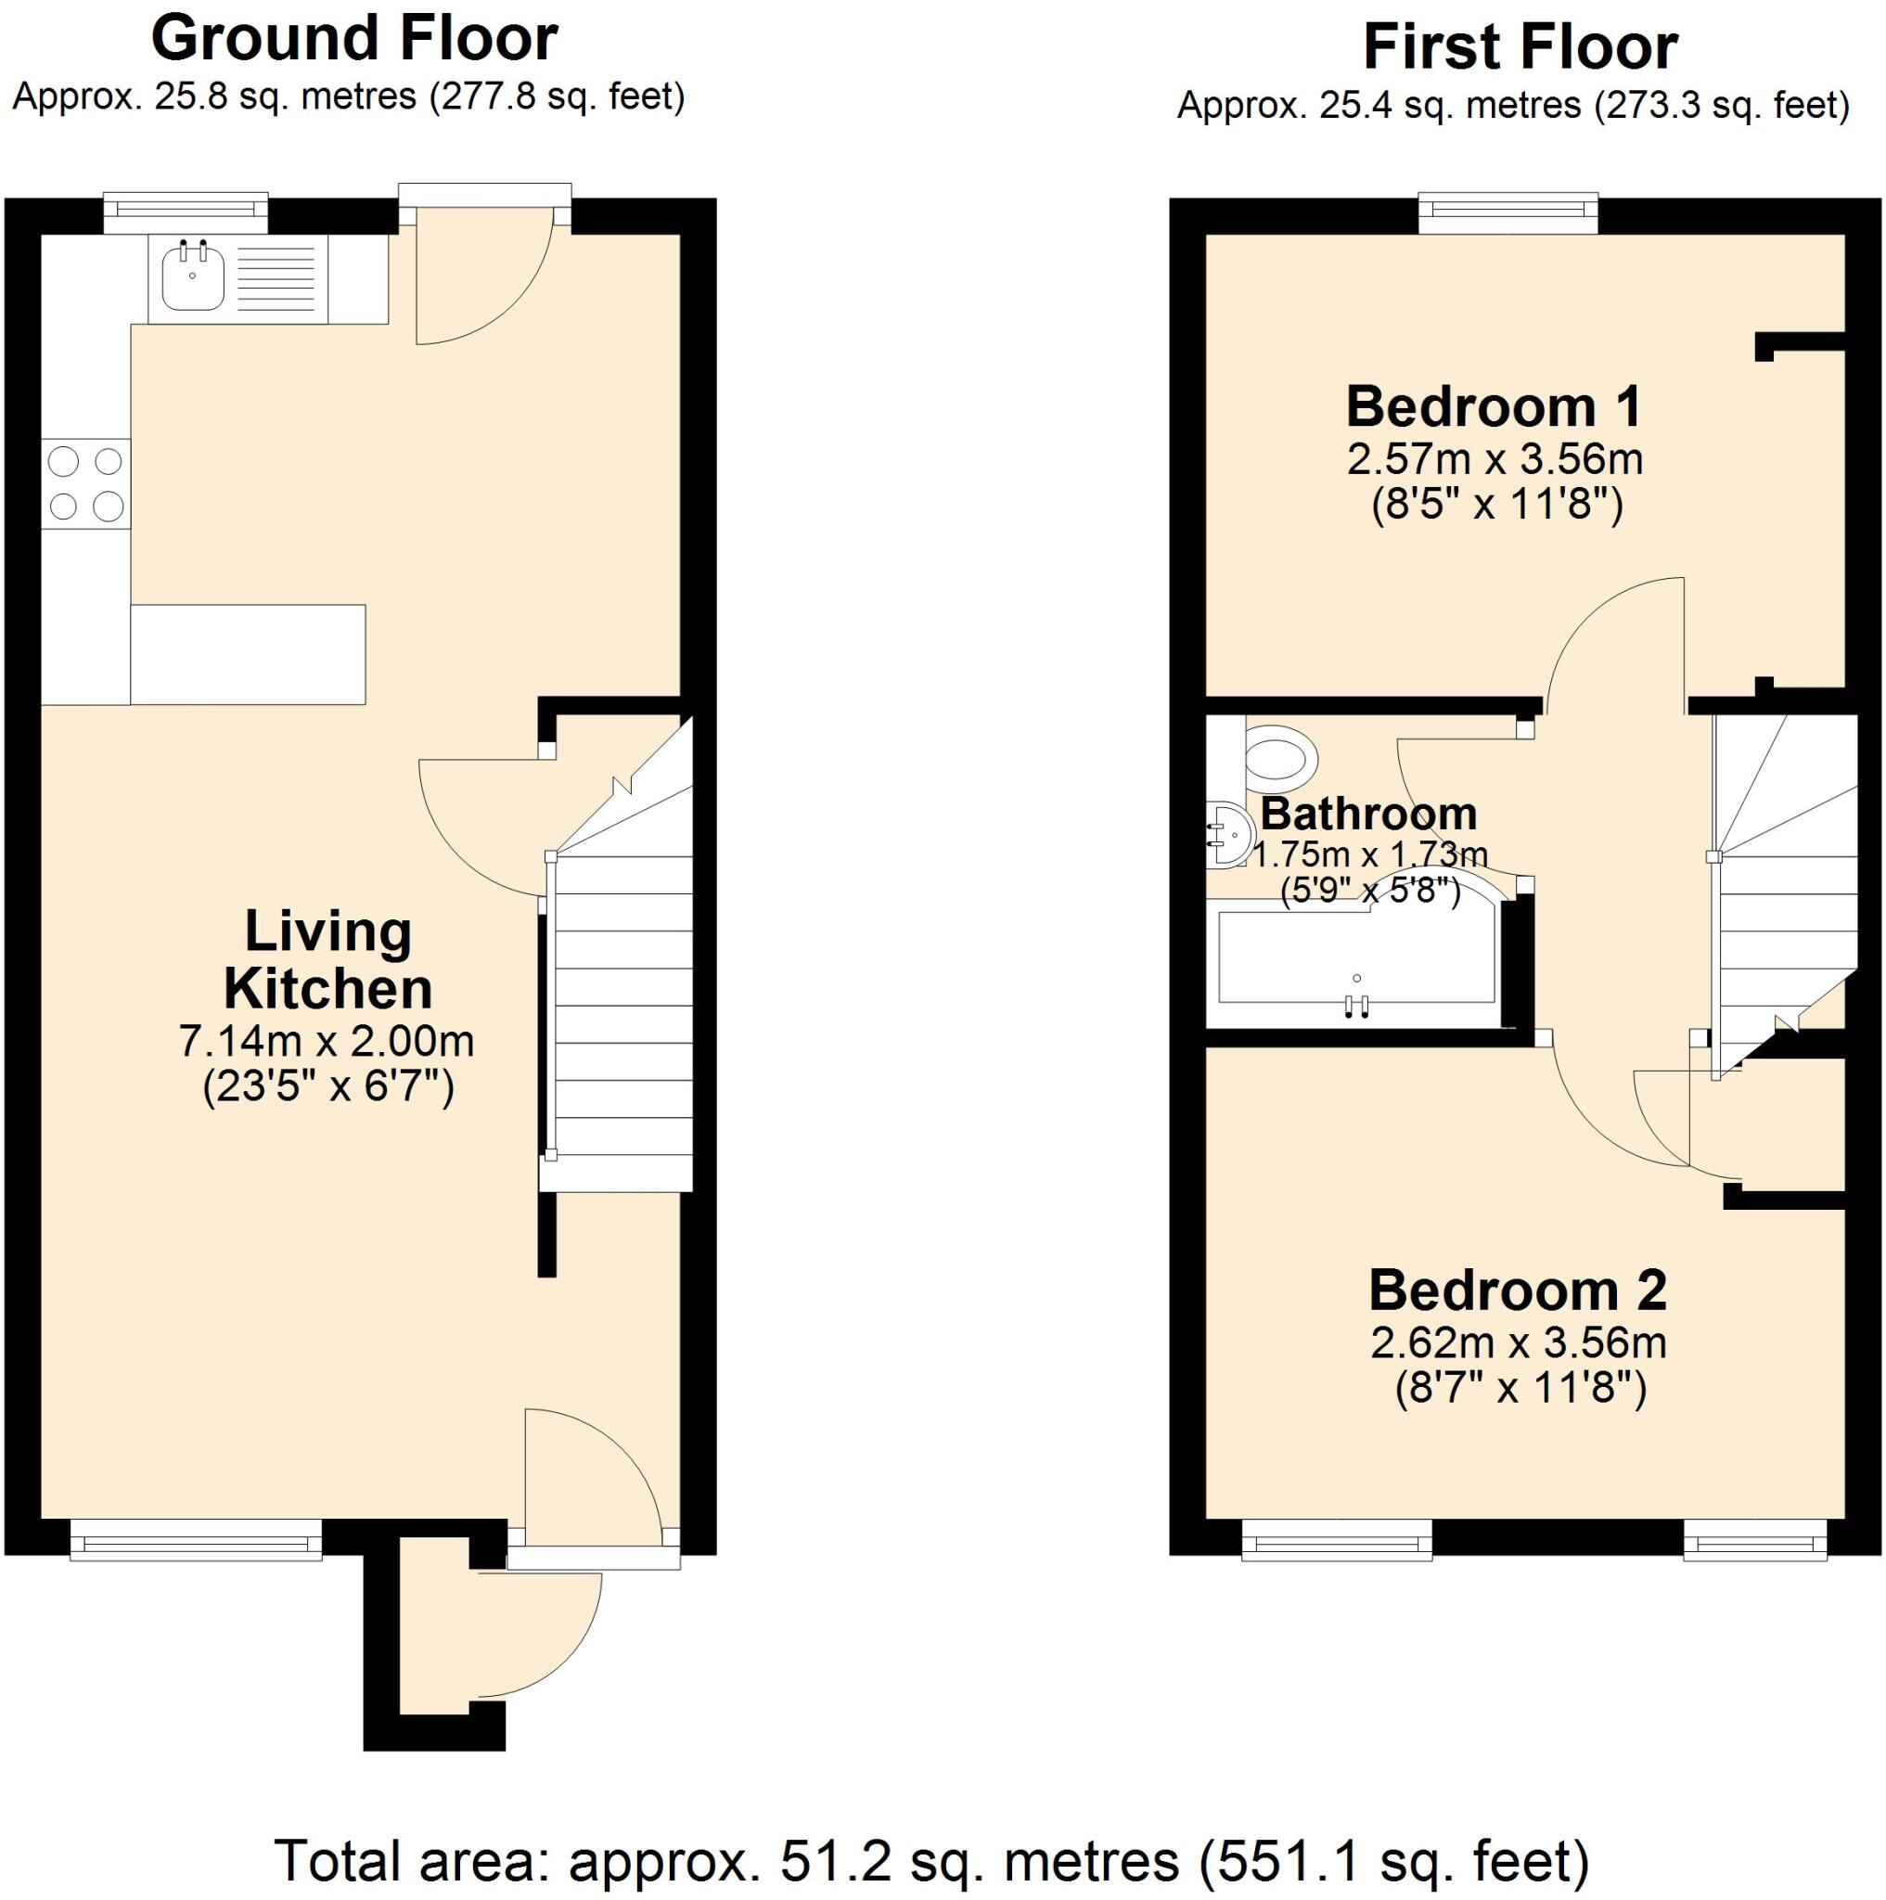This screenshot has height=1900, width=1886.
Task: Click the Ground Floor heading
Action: click(x=354, y=39)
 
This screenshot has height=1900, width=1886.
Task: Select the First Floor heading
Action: click(x=1520, y=47)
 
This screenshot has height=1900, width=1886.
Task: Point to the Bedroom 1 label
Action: click(x=1493, y=407)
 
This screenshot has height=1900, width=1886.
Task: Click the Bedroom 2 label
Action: click(x=1518, y=1290)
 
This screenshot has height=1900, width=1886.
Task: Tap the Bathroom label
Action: click(x=1367, y=815)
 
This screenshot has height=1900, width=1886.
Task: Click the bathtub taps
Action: click(x=1357, y=1003)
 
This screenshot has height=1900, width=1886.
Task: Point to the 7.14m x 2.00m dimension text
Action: click(x=327, y=1042)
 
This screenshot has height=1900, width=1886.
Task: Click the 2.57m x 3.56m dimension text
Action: click(x=1495, y=459)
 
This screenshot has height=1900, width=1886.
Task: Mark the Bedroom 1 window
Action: click(x=1508, y=212)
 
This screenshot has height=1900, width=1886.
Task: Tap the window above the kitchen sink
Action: click(x=186, y=212)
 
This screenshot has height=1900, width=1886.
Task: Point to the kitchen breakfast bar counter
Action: click(x=248, y=654)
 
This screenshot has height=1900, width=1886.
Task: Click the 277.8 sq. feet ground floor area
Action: click(x=557, y=97)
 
